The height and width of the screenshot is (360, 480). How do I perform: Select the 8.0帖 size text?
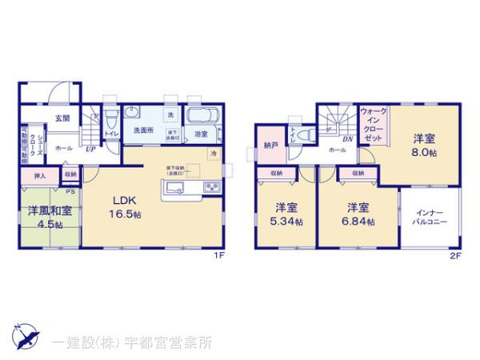click(x=424, y=152)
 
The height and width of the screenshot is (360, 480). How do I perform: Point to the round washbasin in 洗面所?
click(x=133, y=112)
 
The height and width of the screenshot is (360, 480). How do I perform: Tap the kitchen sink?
click(x=175, y=189)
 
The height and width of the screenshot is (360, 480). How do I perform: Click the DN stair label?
click(x=326, y=138)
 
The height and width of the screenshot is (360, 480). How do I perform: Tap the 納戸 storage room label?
click(x=270, y=146)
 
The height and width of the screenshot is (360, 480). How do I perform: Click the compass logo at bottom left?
click(x=24, y=337)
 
